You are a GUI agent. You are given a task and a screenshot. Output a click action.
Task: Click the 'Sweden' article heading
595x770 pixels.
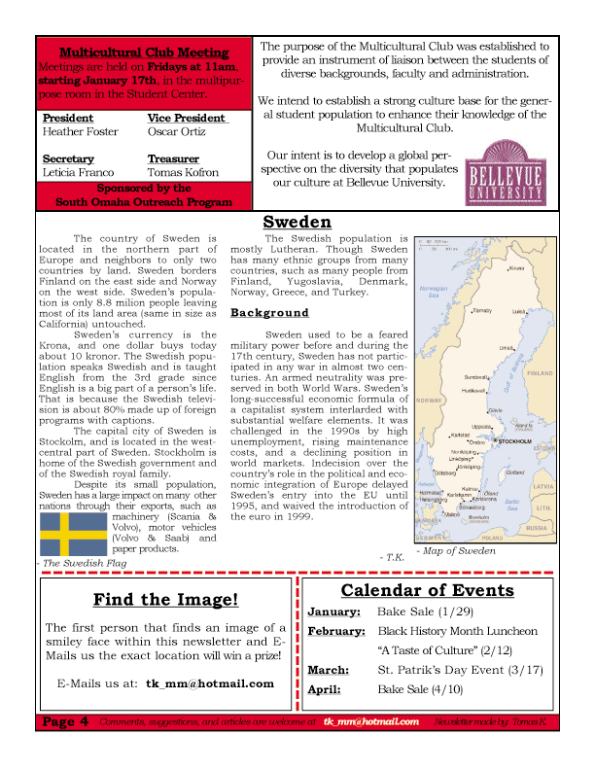(297, 223)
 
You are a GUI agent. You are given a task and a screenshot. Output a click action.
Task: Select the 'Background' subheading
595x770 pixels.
(269, 313)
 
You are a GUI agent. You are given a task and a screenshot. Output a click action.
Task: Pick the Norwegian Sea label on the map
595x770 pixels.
(432, 289)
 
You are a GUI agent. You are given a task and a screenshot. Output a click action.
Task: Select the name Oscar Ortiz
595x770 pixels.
(177, 131)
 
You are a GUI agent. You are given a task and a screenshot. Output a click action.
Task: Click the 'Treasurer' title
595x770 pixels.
(173, 158)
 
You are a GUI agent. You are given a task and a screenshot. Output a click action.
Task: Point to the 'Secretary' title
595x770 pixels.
(69, 158)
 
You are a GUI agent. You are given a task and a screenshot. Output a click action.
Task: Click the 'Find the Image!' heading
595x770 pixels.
(164, 600)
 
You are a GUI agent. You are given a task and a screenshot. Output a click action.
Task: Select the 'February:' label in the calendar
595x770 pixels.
(335, 631)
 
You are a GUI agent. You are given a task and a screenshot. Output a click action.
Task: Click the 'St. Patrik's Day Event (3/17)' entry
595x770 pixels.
(459, 670)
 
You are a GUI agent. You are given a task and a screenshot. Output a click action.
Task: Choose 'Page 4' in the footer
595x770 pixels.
(66, 721)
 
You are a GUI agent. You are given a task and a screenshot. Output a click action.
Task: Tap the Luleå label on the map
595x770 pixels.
(518, 312)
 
